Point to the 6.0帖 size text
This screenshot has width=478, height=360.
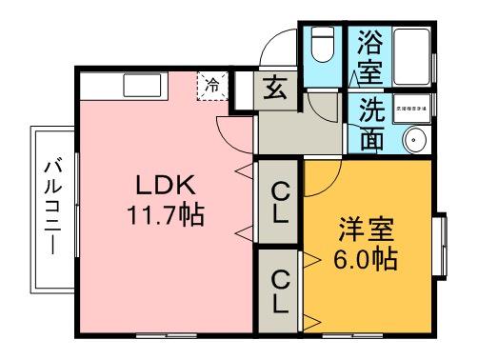point(367,258)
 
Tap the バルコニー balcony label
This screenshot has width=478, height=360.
point(50,208)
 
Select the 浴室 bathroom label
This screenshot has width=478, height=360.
point(369,57)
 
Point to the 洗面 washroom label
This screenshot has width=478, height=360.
point(370,123)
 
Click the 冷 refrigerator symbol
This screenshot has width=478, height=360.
point(212,86)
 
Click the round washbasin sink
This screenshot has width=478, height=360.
point(415,140)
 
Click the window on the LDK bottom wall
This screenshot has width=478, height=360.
point(162,336)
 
